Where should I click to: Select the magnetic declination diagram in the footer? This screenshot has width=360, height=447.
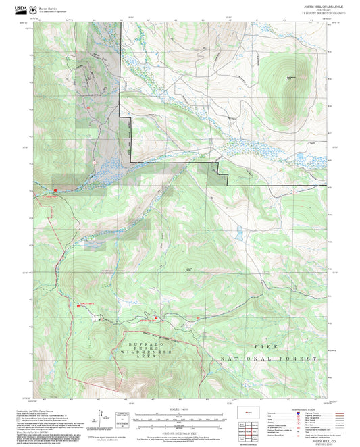pyautogui.click(x=120, y=419)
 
